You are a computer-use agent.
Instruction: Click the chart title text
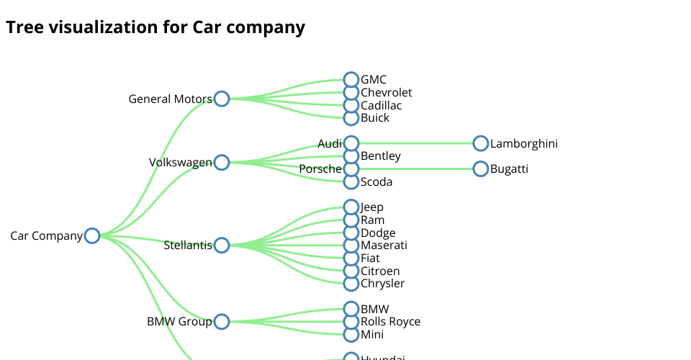pyautogui.click(x=155, y=27)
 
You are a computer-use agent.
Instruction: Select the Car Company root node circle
pyautogui.click(x=92, y=236)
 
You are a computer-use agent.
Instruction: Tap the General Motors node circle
pyautogui.click(x=222, y=99)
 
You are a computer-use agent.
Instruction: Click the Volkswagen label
pyautogui.click(x=180, y=163)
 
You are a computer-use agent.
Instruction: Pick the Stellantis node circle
pyautogui.click(x=222, y=246)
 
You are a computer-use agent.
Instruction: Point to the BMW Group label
pyautogui.click(x=179, y=322)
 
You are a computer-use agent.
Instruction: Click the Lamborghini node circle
pyautogui.click(x=481, y=143)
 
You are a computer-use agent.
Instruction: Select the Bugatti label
pyautogui.click(x=509, y=169)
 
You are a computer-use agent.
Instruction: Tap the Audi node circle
pyautogui.click(x=351, y=143)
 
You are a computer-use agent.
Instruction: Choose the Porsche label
pyautogui.click(x=320, y=169)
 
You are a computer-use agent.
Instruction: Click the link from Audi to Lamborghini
pyautogui.click(x=416, y=143)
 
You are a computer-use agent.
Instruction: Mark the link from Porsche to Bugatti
pyautogui.click(x=416, y=169)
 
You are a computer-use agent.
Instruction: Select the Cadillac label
pyautogui.click(x=381, y=106)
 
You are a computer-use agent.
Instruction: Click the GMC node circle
pyautogui.click(x=351, y=79)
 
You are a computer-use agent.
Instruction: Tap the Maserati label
pyautogui.click(x=384, y=246)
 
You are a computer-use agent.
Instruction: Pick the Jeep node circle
pyautogui.click(x=351, y=207)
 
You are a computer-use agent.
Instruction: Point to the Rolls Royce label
pyautogui.click(x=390, y=322)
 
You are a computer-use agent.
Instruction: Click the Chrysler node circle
pyautogui.click(x=351, y=284)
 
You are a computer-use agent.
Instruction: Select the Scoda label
pyautogui.click(x=376, y=182)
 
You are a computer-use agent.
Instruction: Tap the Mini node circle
pyautogui.click(x=351, y=335)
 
